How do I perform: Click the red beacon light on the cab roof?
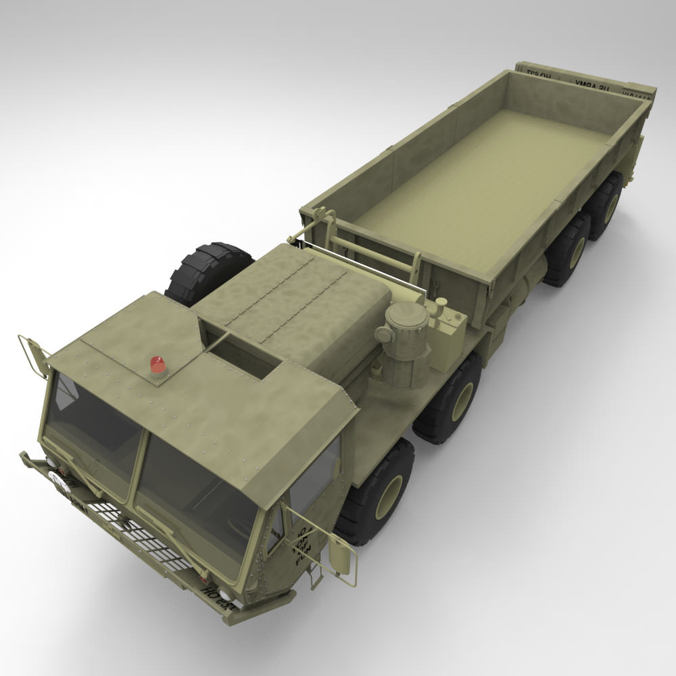click(158, 365)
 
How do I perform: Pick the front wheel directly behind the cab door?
click(379, 493)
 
